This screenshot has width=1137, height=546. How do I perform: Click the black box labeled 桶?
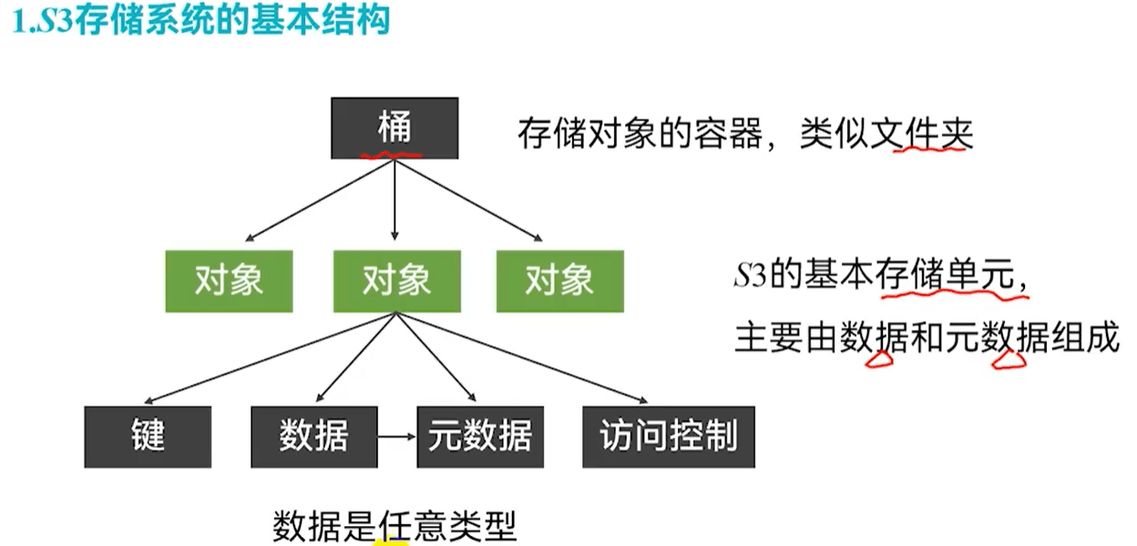click(x=394, y=129)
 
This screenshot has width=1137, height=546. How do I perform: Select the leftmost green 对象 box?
click(x=229, y=281)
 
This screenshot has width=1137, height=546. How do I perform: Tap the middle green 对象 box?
click(x=395, y=281)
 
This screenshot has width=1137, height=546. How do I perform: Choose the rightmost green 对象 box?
click(x=559, y=281)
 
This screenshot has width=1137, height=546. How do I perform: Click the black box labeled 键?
click(x=148, y=437)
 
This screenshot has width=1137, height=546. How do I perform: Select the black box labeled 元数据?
click(x=480, y=437)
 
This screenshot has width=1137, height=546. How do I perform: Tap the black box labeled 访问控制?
click(x=669, y=437)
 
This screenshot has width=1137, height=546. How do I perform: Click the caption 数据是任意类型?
click(x=394, y=526)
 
